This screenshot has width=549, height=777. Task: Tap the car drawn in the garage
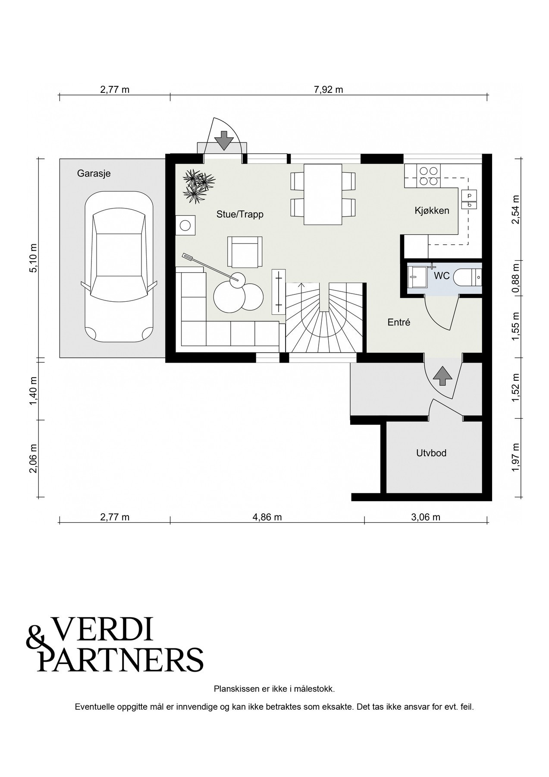click(x=119, y=267)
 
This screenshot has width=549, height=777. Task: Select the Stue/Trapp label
click(x=240, y=214)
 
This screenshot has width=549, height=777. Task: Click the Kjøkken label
click(x=432, y=211)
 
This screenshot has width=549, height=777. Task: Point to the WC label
click(x=442, y=275)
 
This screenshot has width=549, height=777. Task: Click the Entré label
click(x=398, y=322)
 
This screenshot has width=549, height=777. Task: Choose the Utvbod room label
click(x=431, y=453)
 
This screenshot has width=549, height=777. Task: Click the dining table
click(x=323, y=194)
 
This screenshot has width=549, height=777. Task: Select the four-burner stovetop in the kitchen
click(x=429, y=176)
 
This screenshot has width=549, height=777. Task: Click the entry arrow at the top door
click(x=224, y=140)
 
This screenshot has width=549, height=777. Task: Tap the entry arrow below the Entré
click(x=442, y=376)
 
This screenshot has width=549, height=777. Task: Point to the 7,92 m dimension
click(x=329, y=90)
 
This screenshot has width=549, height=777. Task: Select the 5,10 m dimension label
click(x=34, y=258)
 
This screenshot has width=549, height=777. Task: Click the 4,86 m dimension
click(x=267, y=517)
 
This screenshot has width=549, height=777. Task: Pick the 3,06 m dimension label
click(x=426, y=517)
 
